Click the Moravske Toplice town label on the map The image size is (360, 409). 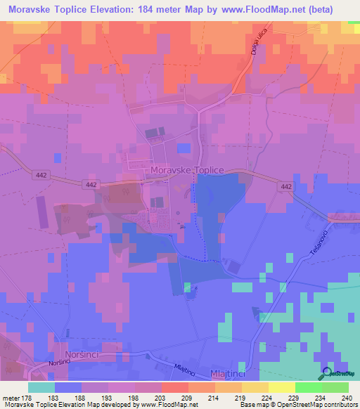click(186, 171)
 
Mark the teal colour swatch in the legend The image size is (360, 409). click(41, 387)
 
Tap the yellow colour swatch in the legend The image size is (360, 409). click(282, 387)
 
